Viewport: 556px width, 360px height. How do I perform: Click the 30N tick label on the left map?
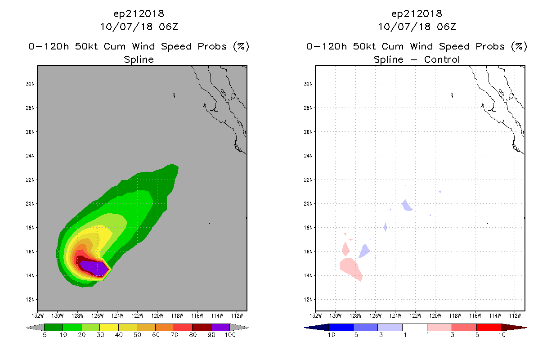click(x=30, y=84)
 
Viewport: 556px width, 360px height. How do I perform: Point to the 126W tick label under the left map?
click(x=97, y=316)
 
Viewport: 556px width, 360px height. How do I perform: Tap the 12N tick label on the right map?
click(x=308, y=299)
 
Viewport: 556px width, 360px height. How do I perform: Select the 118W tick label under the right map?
click(x=455, y=316)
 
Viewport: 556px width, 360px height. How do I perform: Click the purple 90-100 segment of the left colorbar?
click(x=220, y=327)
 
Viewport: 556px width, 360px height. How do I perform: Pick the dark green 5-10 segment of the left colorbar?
click(x=54, y=327)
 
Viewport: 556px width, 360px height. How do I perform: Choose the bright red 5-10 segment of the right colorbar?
click(x=489, y=327)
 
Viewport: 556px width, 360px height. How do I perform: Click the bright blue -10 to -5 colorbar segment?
click(x=341, y=327)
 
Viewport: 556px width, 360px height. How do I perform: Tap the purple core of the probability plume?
click(x=95, y=268)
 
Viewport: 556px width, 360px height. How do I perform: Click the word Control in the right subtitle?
click(x=442, y=59)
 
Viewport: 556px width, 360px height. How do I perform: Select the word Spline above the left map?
click(x=139, y=59)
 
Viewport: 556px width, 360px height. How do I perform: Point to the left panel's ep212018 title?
click(x=139, y=13)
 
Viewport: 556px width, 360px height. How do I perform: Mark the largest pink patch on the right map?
click(x=351, y=269)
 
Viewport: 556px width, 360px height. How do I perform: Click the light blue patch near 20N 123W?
click(x=407, y=205)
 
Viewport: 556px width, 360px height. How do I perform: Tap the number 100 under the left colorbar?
click(x=230, y=335)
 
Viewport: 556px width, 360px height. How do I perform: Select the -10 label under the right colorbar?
click(x=329, y=335)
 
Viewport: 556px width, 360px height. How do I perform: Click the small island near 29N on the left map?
click(x=174, y=95)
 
